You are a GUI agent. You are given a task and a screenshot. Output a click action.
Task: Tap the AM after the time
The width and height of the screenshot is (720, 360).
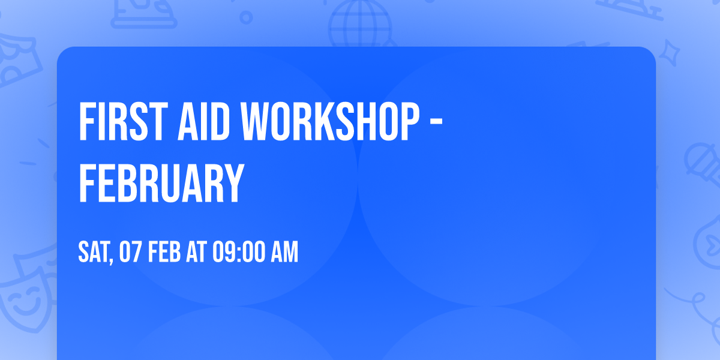[283, 253]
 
